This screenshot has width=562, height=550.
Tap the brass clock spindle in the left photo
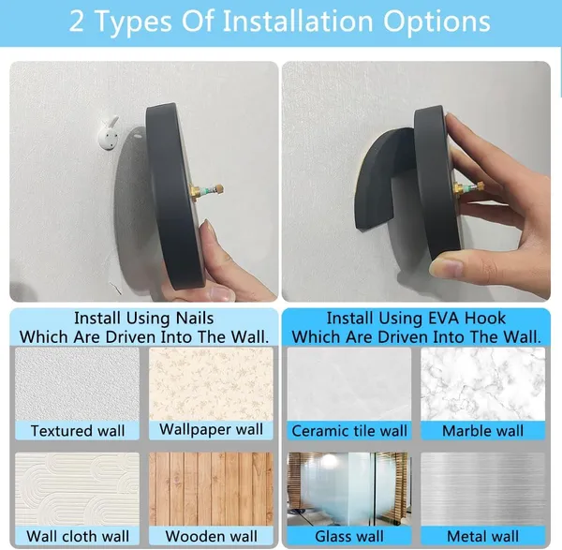click(206, 190)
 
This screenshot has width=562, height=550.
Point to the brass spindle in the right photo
click(467, 186)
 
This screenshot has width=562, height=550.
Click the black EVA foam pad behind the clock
click(386, 177)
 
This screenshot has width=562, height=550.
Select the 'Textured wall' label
click(78, 431)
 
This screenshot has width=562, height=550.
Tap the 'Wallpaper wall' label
click(211, 429)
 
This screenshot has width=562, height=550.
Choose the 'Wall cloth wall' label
click(78, 536)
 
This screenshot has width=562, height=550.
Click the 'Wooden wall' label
click(211, 536)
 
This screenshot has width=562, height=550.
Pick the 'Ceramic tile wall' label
click(349, 431)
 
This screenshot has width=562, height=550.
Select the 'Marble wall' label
click(482, 431)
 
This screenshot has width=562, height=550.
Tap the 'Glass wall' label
click(349, 536)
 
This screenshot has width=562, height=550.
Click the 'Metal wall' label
click(482, 536)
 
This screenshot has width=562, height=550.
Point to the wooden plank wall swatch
click(211, 489)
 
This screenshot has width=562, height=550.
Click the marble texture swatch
click(482, 384)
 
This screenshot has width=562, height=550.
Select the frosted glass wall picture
click(349, 489)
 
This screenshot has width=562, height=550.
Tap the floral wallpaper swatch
click(211, 383)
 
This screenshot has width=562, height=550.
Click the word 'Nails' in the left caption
click(195, 318)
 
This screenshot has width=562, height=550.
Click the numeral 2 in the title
click(76, 22)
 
